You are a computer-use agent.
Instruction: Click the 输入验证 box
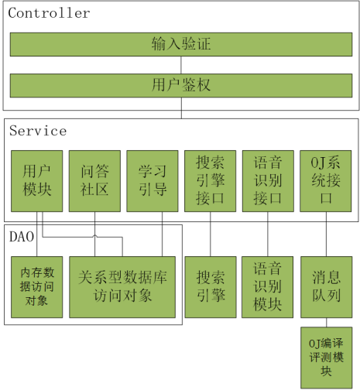click(181, 44)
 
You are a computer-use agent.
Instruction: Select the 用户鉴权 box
click(181, 86)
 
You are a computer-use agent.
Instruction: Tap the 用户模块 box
click(37, 181)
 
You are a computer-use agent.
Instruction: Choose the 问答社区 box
click(94, 181)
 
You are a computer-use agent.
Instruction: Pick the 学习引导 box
click(153, 181)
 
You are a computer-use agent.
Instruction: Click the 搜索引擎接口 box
click(211, 181)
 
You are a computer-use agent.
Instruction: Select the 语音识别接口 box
click(268, 181)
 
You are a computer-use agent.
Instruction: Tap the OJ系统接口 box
click(326, 181)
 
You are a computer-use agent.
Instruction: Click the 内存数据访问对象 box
click(37, 287)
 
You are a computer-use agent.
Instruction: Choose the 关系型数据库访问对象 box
click(122, 287)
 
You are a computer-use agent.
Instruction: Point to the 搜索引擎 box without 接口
click(211, 287)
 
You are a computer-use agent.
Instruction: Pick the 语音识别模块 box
click(267, 287)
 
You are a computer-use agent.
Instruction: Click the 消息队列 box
click(327, 287)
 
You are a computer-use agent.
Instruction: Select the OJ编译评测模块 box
click(327, 358)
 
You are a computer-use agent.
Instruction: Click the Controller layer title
click(49, 13)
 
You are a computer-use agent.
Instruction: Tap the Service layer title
click(38, 131)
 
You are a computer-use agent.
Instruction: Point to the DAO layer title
click(22, 237)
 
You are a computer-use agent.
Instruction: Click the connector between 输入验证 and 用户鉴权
click(181, 65)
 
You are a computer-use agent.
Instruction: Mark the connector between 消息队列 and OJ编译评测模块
click(327, 323)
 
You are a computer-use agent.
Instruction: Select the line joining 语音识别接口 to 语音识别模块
click(268, 234)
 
